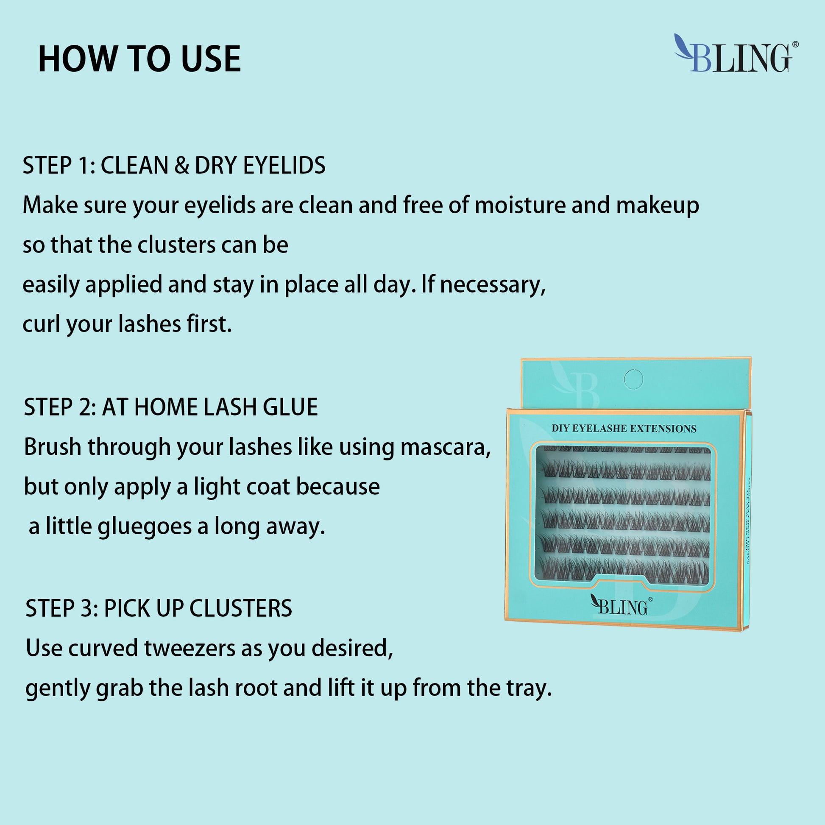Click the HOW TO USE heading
(139, 59)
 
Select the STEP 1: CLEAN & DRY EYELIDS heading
(174, 165)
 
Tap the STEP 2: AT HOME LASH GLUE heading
(171, 407)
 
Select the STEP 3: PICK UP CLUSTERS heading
(159, 608)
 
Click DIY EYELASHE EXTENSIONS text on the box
(624, 429)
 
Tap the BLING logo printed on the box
(621, 606)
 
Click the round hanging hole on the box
(633, 379)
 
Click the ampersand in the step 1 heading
(181, 166)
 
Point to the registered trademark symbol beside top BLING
(795, 45)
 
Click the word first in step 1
(209, 324)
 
